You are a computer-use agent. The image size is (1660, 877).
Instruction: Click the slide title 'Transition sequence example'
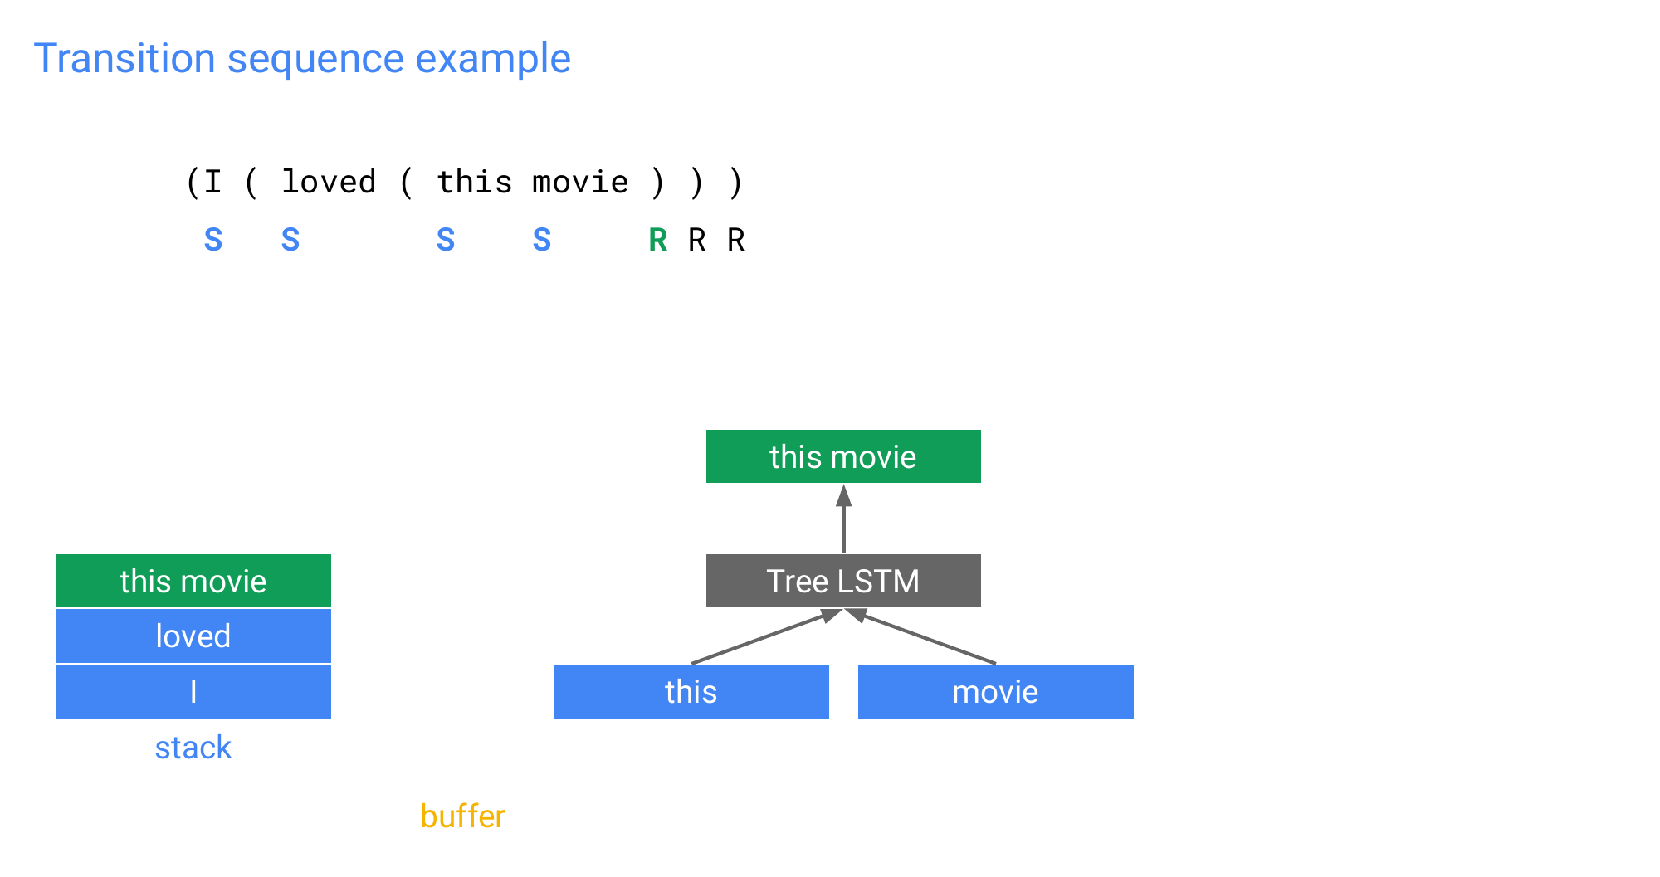[302, 59]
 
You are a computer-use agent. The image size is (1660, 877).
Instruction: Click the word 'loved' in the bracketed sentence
[329, 182]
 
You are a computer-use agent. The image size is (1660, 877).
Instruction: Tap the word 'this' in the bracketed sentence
[475, 182]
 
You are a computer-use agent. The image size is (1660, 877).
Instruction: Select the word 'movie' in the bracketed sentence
[580, 182]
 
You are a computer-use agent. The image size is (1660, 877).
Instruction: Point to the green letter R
[658, 240]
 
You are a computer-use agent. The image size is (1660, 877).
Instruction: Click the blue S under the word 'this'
[446, 240]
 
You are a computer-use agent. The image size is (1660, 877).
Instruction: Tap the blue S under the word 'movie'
[542, 240]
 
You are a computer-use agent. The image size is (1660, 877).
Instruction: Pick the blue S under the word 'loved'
[290, 240]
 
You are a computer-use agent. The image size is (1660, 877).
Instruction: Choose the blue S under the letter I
[213, 240]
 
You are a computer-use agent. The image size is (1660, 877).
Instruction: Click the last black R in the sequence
[736, 240]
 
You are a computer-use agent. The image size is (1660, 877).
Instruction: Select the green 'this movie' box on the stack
[193, 581]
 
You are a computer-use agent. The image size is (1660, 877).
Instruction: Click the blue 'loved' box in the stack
[193, 636]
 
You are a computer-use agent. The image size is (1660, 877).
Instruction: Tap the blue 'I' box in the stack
[193, 691]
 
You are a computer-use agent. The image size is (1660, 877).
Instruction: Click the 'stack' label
[193, 748]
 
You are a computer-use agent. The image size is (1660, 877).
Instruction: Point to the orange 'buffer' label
[462, 816]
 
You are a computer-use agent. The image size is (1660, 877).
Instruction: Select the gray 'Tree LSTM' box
[843, 581]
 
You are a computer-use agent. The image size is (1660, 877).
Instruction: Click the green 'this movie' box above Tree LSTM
[843, 456]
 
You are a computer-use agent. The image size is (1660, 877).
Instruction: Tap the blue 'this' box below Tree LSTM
[691, 691]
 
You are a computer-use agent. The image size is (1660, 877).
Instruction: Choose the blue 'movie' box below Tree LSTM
[996, 691]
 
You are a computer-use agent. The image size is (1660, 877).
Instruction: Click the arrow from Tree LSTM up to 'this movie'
[844, 519]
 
